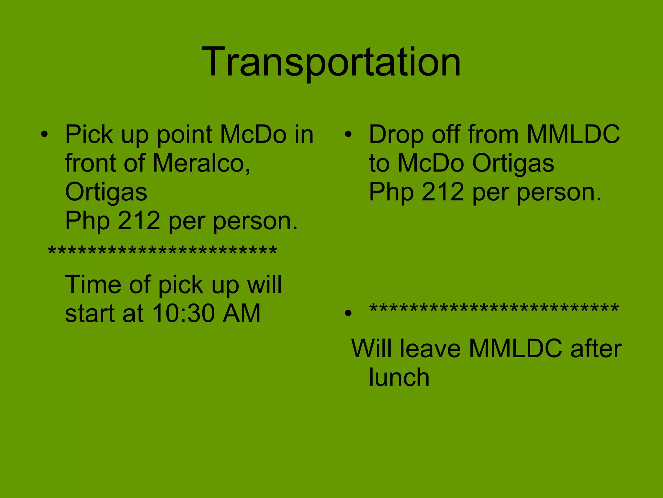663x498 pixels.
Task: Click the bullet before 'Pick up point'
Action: click(x=44, y=134)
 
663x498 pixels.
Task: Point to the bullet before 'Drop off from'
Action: click(x=348, y=134)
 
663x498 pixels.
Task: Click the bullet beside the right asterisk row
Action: click(x=348, y=313)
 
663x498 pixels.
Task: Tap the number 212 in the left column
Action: click(x=139, y=221)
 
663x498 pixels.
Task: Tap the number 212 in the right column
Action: click(x=443, y=192)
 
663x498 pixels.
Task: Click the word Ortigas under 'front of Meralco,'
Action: click(x=106, y=192)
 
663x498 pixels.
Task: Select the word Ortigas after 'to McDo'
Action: click(x=513, y=163)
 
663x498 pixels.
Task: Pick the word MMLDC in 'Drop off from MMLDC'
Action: click(x=573, y=134)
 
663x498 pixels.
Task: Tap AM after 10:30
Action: click(x=242, y=313)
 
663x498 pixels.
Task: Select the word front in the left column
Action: click(x=92, y=163)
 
